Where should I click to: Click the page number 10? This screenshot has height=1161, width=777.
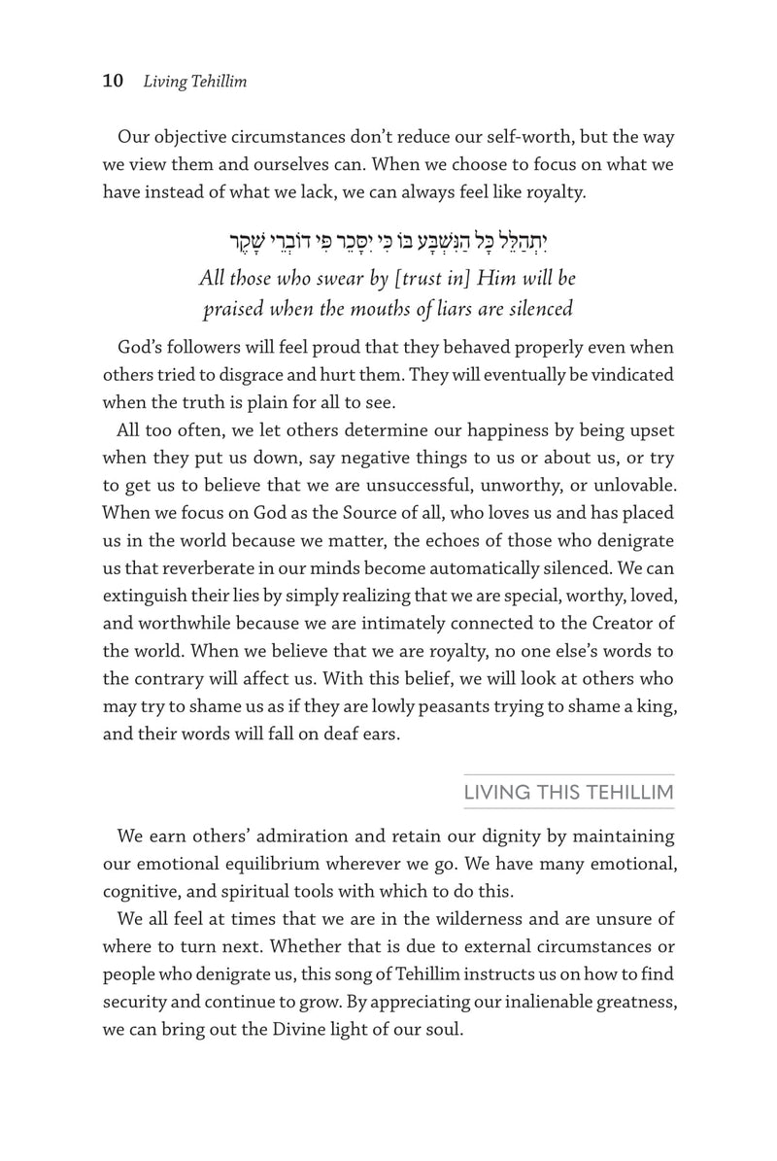[113, 82]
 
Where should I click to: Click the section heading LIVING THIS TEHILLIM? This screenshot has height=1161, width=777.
[569, 793]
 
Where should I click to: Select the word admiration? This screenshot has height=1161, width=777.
[321, 836]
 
